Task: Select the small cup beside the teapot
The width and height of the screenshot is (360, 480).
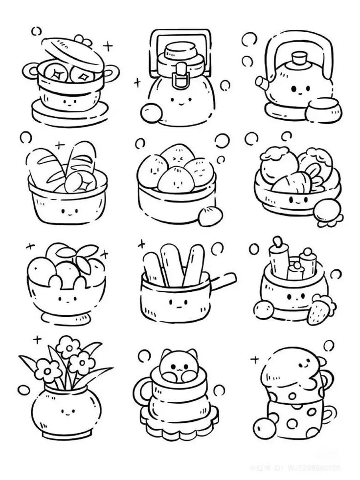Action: click(320, 109)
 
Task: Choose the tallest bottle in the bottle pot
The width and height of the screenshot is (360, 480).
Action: click(277, 259)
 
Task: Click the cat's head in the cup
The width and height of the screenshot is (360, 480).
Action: click(179, 364)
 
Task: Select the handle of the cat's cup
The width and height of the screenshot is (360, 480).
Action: click(142, 393)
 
